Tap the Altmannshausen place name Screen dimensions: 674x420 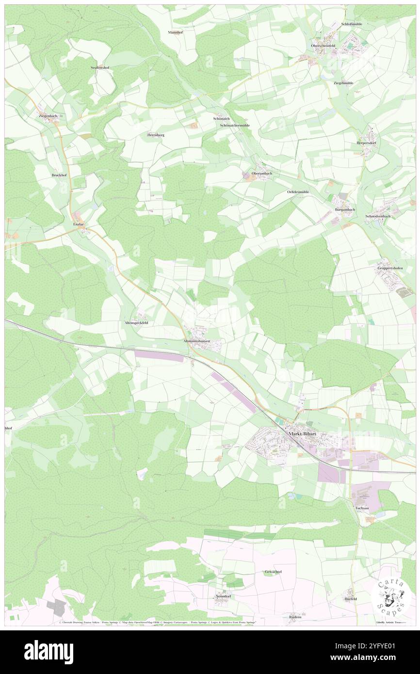(x=196, y=341)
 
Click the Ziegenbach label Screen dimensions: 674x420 (x=48, y=116)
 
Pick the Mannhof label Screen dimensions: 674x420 (x=175, y=32)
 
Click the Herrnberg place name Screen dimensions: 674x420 (x=156, y=135)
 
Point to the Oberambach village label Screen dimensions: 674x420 (x=261, y=173)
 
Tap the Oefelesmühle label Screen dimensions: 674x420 (x=298, y=192)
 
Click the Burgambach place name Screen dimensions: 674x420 (x=345, y=209)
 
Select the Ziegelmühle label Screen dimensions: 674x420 (x=343, y=83)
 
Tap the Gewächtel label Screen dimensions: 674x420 (x=273, y=572)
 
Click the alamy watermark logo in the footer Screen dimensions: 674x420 (x=49, y=652)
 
